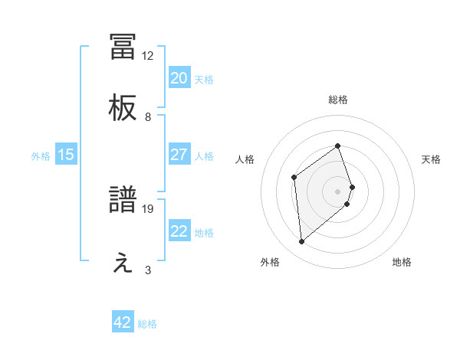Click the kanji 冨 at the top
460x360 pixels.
click(123, 46)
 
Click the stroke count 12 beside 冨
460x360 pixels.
click(148, 55)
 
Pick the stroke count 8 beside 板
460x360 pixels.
click(148, 117)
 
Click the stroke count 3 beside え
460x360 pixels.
click(148, 270)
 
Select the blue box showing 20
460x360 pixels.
click(179, 77)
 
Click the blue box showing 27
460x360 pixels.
click(179, 155)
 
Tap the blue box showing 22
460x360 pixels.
click(179, 231)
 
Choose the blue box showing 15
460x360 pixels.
click(66, 155)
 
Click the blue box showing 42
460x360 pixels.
click(123, 322)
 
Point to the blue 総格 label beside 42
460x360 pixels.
click(147, 324)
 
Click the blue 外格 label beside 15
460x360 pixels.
click(41, 156)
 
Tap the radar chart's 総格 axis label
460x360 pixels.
click(338, 100)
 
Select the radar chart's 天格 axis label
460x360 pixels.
click(432, 159)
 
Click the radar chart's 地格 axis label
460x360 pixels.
click(402, 262)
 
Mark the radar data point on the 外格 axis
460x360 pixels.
click(302, 242)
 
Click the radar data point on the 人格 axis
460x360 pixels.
click(294, 178)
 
